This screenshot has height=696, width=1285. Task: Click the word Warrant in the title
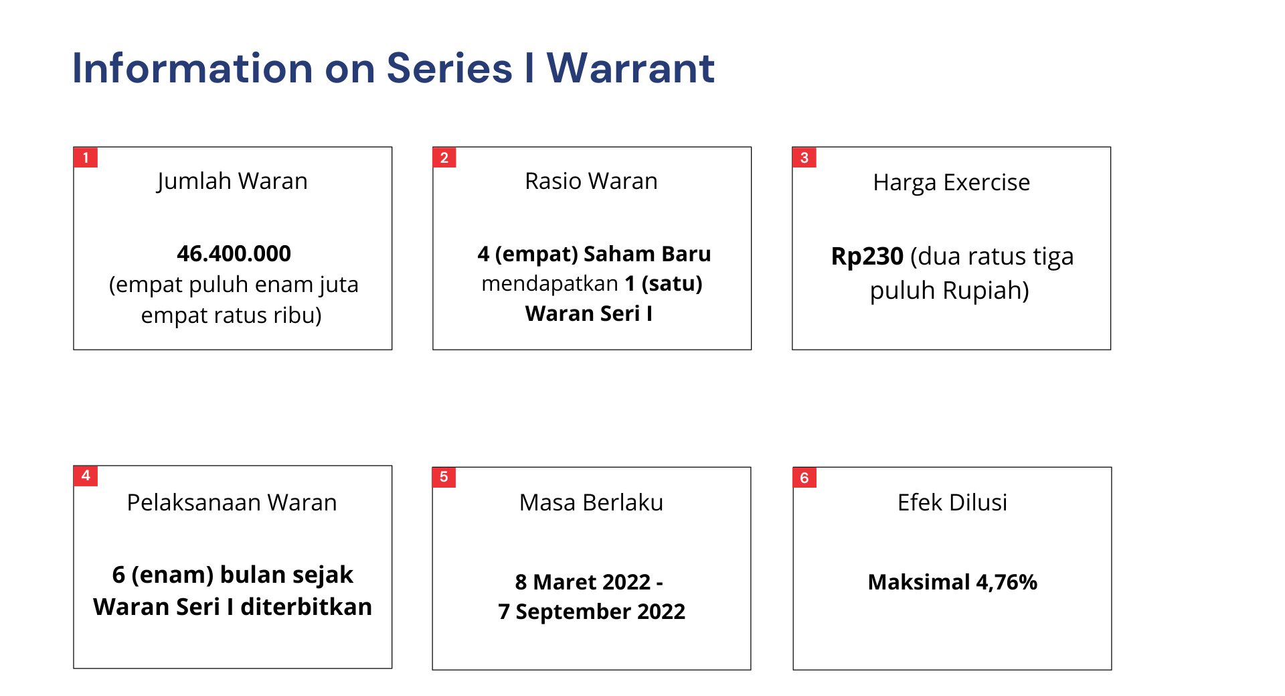(x=630, y=68)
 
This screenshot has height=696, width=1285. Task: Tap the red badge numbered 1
(x=86, y=157)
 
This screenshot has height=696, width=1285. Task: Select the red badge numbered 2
(x=444, y=157)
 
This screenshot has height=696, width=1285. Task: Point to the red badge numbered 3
(x=804, y=157)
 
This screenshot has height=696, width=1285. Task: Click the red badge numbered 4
(x=86, y=476)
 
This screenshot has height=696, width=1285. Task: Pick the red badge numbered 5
(x=444, y=477)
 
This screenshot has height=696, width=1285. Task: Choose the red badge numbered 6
(x=804, y=478)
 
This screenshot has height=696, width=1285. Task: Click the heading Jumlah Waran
(x=232, y=182)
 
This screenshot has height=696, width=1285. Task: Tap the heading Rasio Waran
(x=592, y=181)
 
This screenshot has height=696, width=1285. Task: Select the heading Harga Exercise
(x=952, y=183)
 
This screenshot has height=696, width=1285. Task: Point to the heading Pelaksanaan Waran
(x=232, y=502)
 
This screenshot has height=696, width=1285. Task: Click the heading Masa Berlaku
(x=592, y=502)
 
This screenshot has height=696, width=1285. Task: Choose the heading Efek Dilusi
(x=952, y=502)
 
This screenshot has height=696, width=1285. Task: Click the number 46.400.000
(x=234, y=254)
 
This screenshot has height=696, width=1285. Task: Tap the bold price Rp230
(x=867, y=257)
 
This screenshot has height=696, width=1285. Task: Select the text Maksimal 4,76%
(x=952, y=582)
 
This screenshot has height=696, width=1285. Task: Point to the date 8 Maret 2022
(x=583, y=582)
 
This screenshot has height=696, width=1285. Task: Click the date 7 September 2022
(x=592, y=612)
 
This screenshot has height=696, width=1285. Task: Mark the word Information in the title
(x=193, y=68)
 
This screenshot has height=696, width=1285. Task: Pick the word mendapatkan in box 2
(x=550, y=284)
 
